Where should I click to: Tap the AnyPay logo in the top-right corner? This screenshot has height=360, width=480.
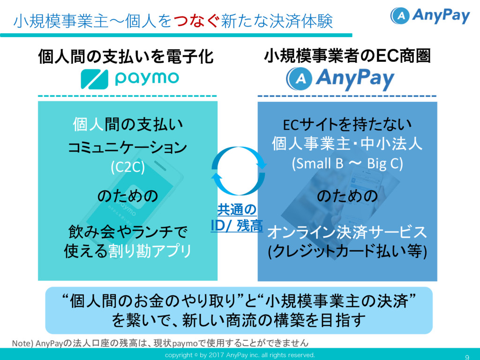pyautogui.click(x=430, y=16)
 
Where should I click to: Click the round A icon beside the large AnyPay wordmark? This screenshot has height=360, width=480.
pyautogui.click(x=300, y=79)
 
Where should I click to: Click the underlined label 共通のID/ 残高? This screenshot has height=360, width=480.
pyautogui.click(x=237, y=217)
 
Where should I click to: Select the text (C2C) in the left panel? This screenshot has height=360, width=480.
pyautogui.click(x=127, y=167)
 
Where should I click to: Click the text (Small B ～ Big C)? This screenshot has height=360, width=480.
pyautogui.click(x=347, y=164)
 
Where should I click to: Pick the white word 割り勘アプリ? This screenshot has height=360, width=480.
pyautogui.click(x=150, y=251)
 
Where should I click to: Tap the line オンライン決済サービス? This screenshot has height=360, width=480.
pyautogui.click(x=347, y=232)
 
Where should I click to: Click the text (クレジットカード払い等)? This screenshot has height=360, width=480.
pyautogui.click(x=347, y=252)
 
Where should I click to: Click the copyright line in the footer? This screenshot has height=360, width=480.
pyautogui.click(x=240, y=355)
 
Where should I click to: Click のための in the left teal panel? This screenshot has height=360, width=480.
pyautogui.click(x=127, y=196)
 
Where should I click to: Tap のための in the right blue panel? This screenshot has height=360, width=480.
pyautogui.click(x=347, y=196)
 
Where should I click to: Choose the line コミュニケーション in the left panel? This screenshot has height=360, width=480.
pyautogui.click(x=127, y=147)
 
